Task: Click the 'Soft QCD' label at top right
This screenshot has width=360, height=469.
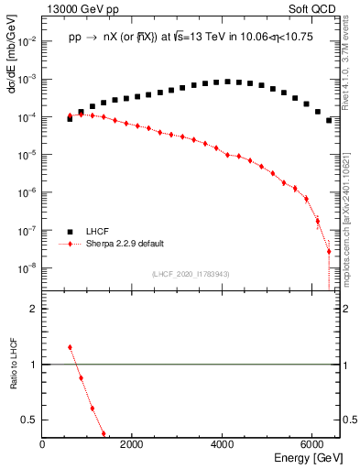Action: [311, 8]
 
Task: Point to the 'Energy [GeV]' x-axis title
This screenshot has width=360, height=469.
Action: [302, 457]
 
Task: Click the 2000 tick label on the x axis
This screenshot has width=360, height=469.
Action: [132, 443]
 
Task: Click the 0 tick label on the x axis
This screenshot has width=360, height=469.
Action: [42, 443]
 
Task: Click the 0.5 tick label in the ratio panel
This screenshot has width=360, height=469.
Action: [30, 420]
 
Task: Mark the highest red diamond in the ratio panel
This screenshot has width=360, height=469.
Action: [70, 347]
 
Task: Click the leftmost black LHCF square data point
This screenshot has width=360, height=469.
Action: [70, 119]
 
